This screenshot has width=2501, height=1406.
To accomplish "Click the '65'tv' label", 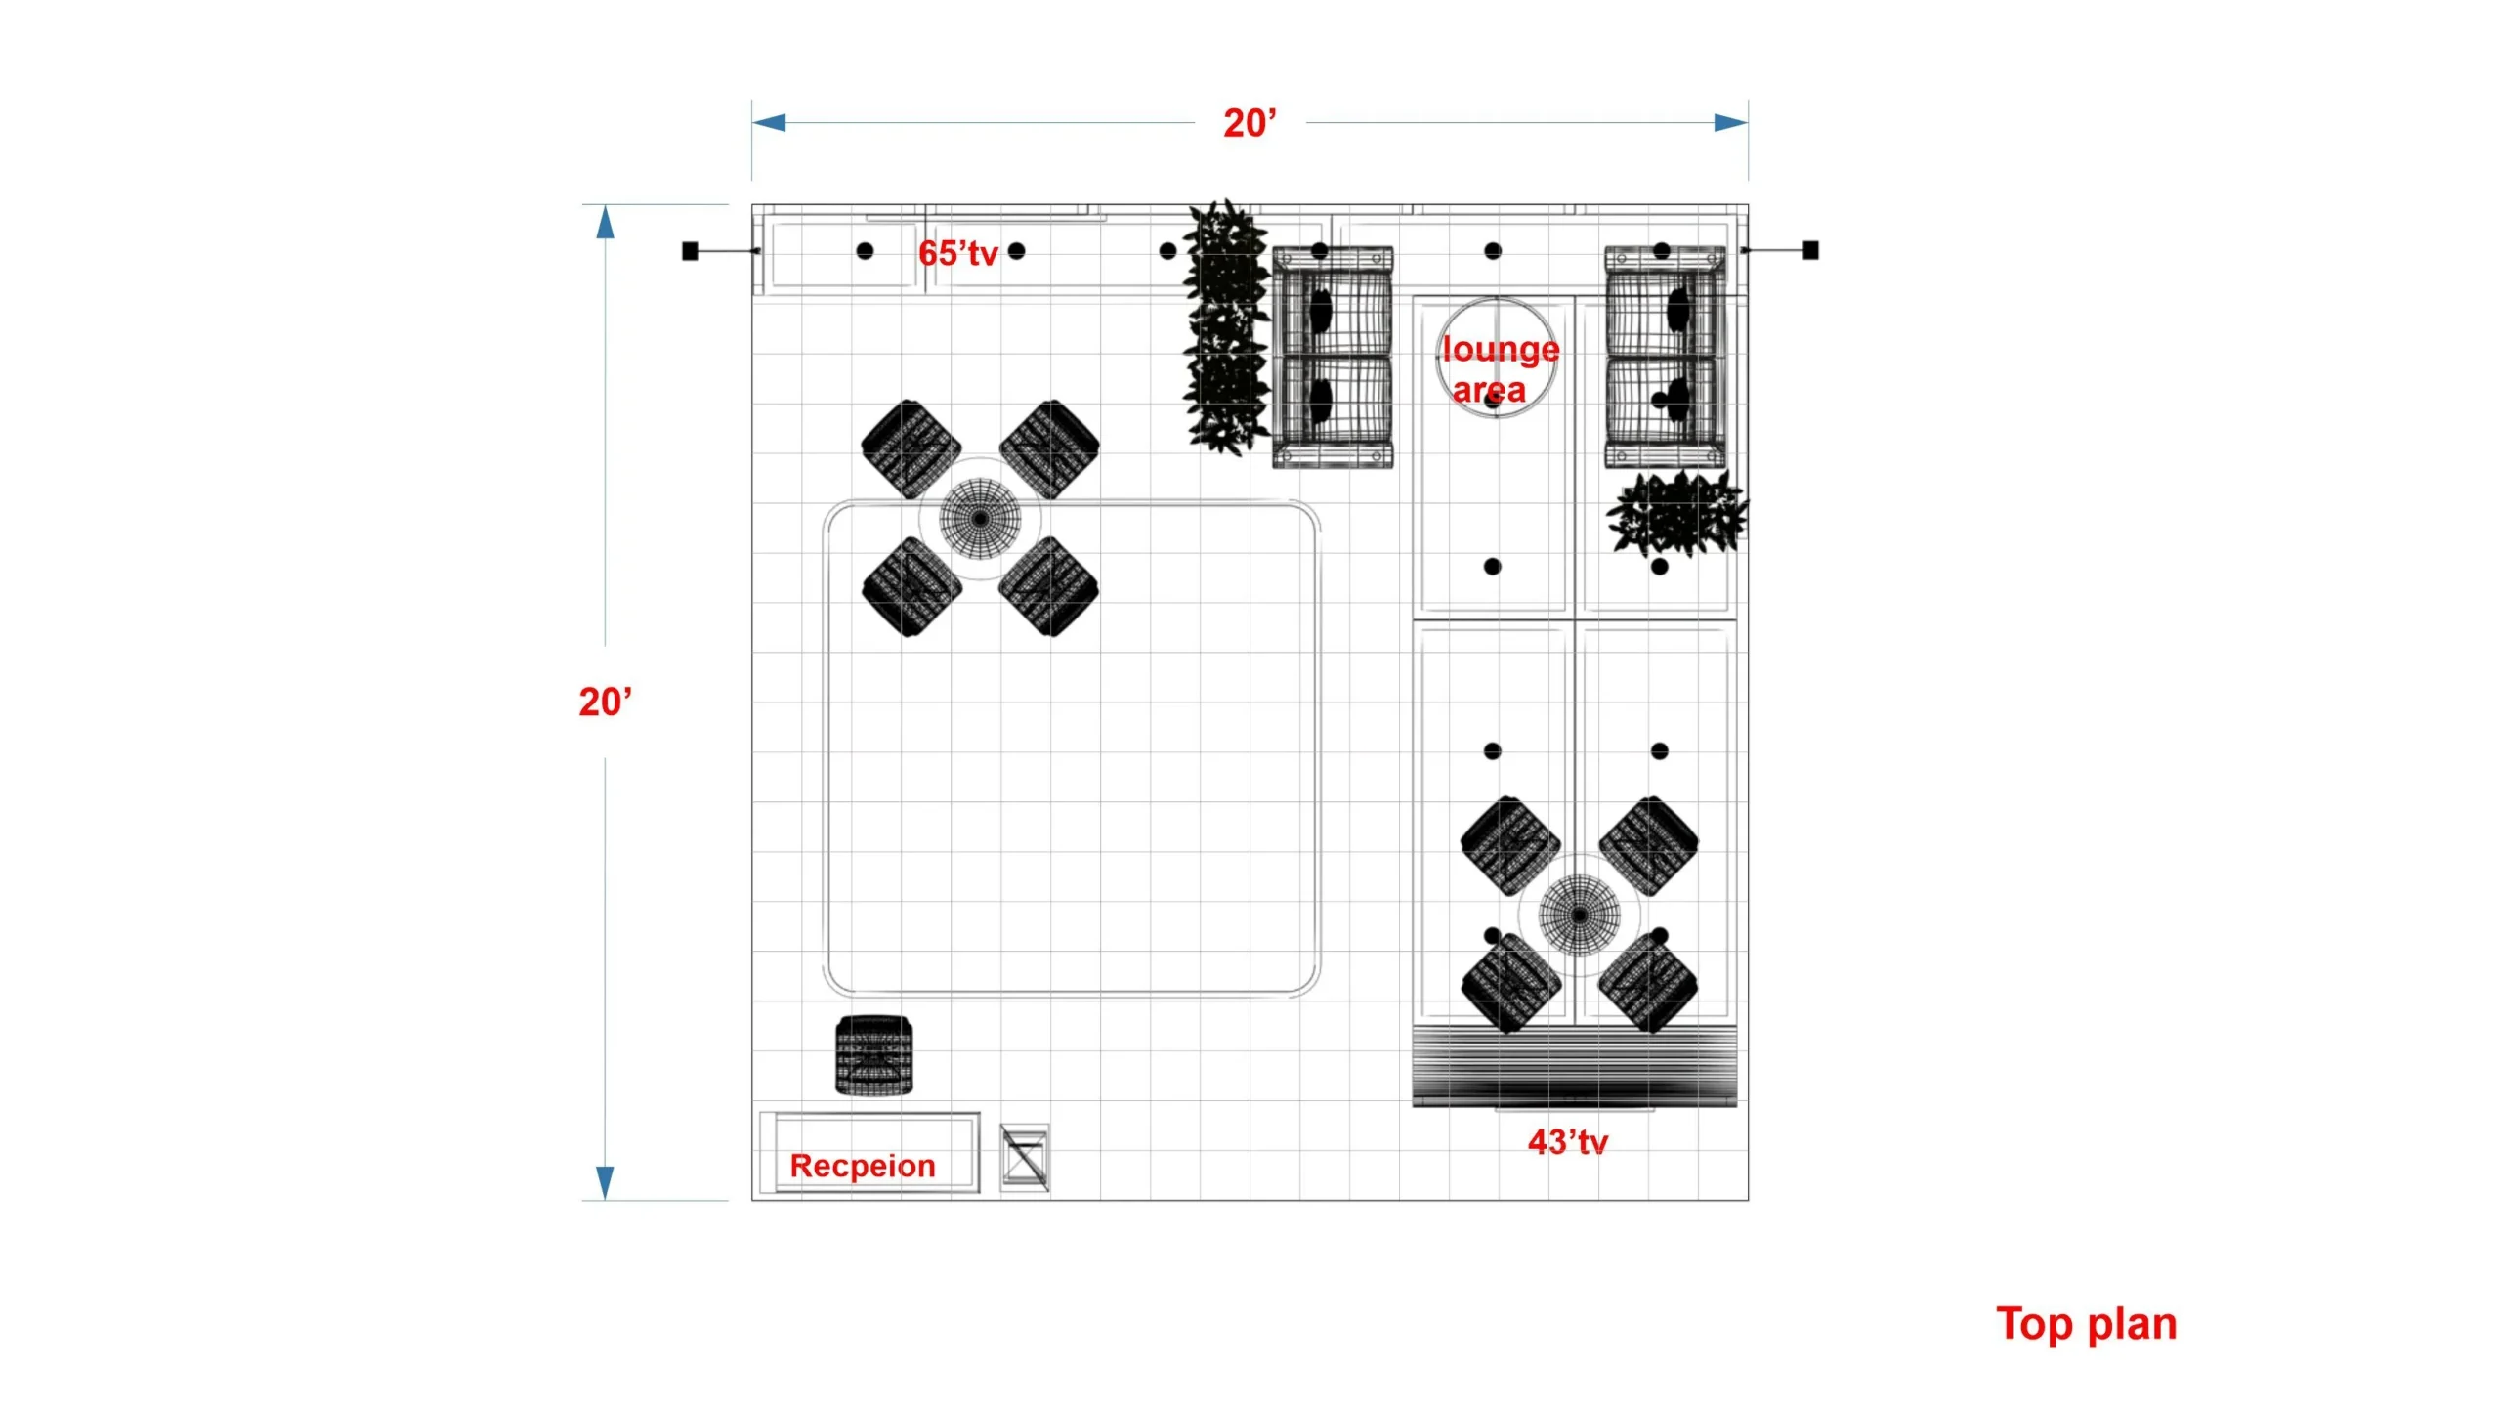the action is click(957, 253).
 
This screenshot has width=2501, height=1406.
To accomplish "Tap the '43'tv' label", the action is click(1567, 1142).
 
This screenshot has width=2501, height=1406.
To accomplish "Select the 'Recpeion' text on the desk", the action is click(863, 1166).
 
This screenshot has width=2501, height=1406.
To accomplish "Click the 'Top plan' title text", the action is click(2086, 1325).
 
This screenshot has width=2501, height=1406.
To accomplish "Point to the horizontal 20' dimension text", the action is click(1250, 123).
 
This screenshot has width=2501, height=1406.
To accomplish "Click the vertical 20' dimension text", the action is click(605, 702).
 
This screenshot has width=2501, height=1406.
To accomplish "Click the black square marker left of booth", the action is click(690, 251).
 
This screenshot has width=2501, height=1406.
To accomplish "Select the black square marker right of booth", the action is click(1810, 250).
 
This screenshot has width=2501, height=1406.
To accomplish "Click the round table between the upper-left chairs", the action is click(980, 518).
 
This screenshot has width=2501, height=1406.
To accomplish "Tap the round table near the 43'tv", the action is click(1579, 915).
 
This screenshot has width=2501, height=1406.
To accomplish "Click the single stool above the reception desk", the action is click(874, 1055).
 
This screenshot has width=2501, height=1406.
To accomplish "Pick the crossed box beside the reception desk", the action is click(1025, 1158).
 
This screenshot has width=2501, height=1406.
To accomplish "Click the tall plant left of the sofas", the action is click(1225, 327).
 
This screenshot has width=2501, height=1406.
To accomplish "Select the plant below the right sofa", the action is click(1676, 514).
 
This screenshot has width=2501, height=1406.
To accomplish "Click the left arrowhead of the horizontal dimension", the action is click(768, 123).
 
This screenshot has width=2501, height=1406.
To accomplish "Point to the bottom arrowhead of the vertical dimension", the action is click(605, 1183).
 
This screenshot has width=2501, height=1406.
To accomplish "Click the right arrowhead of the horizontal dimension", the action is click(1731, 123).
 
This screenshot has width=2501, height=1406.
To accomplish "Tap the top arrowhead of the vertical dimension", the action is click(605, 222).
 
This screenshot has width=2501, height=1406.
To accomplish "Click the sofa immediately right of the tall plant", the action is click(1333, 358).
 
